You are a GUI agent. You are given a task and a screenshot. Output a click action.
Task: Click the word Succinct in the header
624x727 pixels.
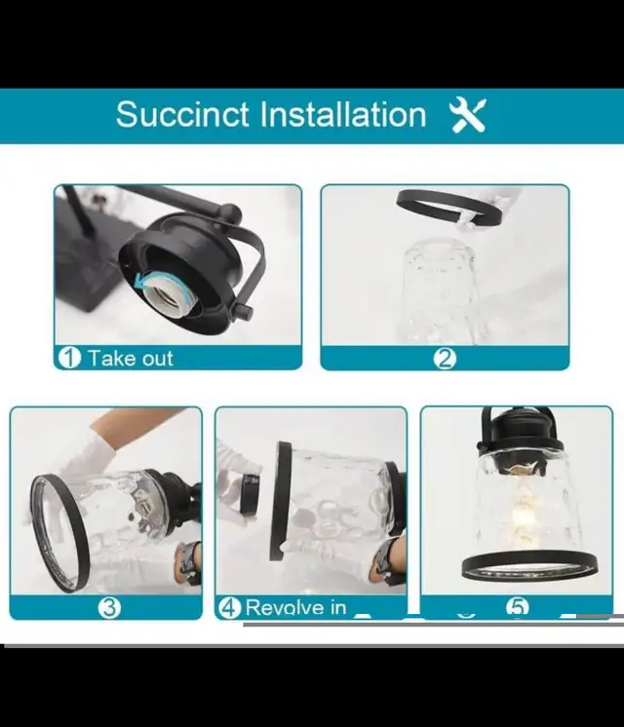tap(182, 114)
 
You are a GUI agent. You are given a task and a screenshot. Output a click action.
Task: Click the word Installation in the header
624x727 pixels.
tap(343, 114)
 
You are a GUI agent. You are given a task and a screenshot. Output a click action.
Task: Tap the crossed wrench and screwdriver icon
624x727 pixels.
tap(468, 115)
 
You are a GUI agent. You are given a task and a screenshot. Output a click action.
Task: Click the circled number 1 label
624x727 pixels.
tap(69, 358)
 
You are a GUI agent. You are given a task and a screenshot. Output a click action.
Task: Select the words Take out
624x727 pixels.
tap(131, 359)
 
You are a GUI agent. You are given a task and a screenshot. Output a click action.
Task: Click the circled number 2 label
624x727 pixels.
tap(445, 359)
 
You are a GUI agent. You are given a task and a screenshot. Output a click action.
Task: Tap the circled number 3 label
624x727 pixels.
tap(109, 607)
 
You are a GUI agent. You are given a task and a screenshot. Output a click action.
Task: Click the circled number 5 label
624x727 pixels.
tap(518, 607)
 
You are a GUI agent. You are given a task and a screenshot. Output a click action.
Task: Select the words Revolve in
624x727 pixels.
tap(295, 607)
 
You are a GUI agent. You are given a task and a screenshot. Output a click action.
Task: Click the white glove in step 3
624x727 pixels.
tap(88, 460)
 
